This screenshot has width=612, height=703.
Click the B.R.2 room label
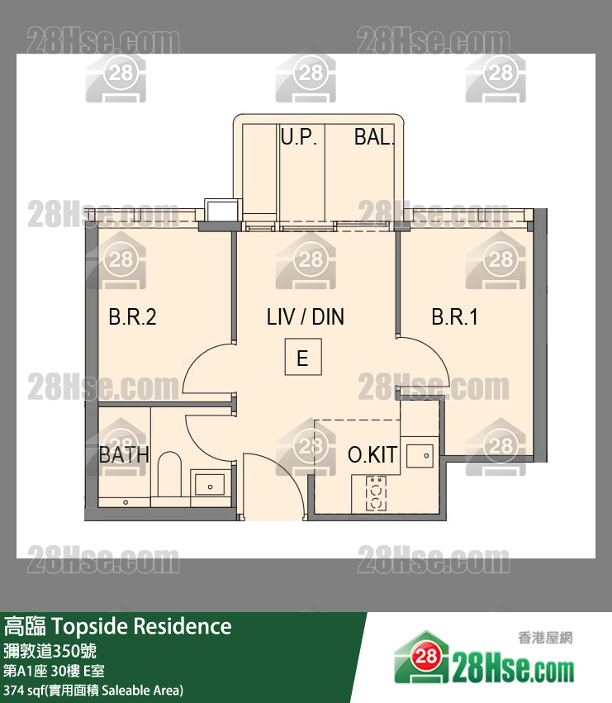pyautogui.click(x=132, y=317)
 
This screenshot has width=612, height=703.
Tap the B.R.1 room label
pyautogui.click(x=454, y=317)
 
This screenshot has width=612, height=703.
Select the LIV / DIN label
pyautogui.click(x=306, y=317)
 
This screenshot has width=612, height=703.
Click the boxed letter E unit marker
pyautogui.click(x=303, y=357)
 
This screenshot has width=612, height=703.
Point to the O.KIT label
pyautogui.click(x=372, y=454)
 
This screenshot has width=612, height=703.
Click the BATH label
pyautogui.click(x=124, y=454)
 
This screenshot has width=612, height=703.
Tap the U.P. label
pyautogui.click(x=299, y=137)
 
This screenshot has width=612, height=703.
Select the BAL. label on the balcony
pyautogui.click(x=374, y=137)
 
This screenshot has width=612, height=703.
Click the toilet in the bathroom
pyautogui.click(x=170, y=473)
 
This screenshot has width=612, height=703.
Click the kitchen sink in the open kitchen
pyautogui.click(x=420, y=456)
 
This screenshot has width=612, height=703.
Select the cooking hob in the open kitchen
pyautogui.click(x=376, y=493)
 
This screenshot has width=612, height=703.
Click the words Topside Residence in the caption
pyautogui.click(x=142, y=626)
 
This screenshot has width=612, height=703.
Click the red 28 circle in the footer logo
pyautogui.click(x=425, y=657)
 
